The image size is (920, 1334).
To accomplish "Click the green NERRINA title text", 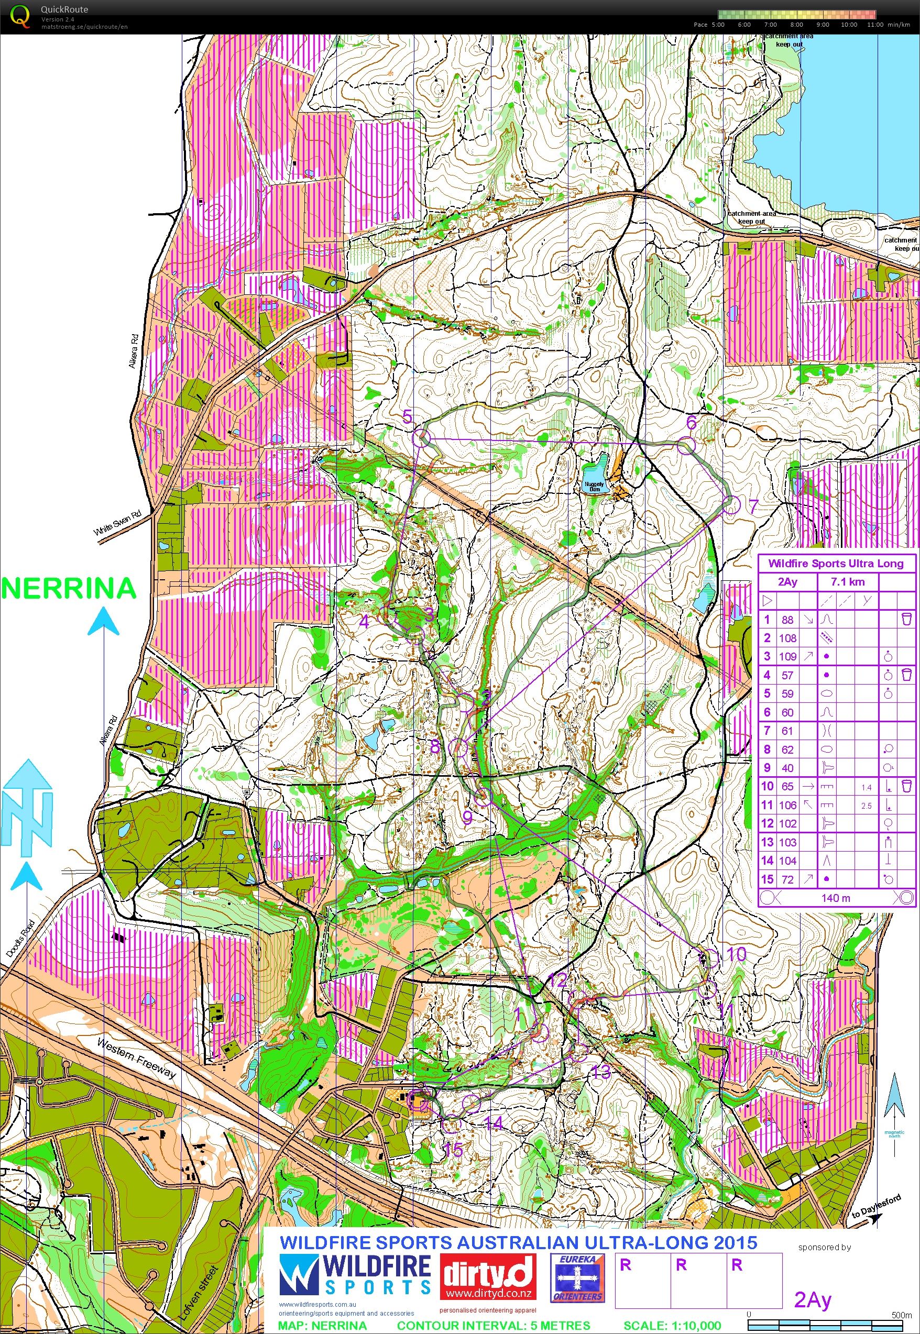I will (69, 588).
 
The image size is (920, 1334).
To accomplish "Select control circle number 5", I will (422, 439).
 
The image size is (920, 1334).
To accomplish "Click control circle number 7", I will (731, 505).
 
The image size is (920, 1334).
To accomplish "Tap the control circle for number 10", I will (712, 958).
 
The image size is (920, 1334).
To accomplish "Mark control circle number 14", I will (472, 1104).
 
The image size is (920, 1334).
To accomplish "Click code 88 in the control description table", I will (787, 620).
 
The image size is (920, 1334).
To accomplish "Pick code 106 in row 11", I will (787, 805).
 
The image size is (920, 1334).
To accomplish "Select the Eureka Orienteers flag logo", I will (577, 1267).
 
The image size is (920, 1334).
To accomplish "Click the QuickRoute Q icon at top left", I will (19, 16).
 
